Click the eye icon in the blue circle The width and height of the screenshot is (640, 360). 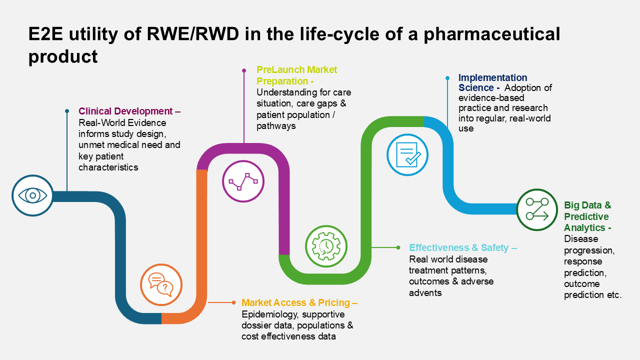point(33,195)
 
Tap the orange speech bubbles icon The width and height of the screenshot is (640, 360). point(161,284)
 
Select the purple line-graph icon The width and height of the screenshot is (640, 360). point(243,181)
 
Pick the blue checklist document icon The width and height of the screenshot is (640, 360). point(407,155)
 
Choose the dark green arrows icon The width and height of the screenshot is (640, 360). point(537,209)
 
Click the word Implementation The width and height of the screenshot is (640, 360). point(492,77)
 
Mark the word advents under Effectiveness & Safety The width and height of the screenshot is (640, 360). point(425,292)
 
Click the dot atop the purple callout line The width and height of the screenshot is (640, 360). point(244,70)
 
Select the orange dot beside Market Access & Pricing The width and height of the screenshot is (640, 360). point(233,302)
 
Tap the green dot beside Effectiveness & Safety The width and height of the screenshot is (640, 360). point(398,247)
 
